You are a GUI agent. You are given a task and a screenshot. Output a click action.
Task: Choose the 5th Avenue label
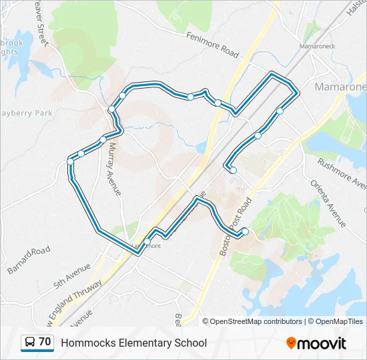pos(72,274)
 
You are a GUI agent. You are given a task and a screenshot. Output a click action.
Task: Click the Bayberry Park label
pos(27,113)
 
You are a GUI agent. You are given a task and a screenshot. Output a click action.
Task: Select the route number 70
pos(45,342)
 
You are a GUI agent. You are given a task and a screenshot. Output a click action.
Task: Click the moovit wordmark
pos(322,343)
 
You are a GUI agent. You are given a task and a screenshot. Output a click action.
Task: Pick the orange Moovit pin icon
pos(291,343)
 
